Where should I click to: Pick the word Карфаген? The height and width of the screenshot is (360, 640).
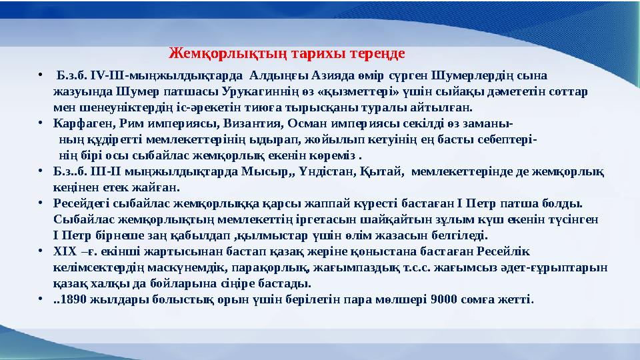pyautogui.click(x=78, y=123)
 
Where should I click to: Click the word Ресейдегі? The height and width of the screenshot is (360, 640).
pyautogui.click(x=81, y=203)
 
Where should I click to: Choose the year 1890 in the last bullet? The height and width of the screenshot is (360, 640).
pyautogui.click(x=74, y=299)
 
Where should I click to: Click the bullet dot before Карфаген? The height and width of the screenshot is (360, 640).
pyautogui.click(x=41, y=123)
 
